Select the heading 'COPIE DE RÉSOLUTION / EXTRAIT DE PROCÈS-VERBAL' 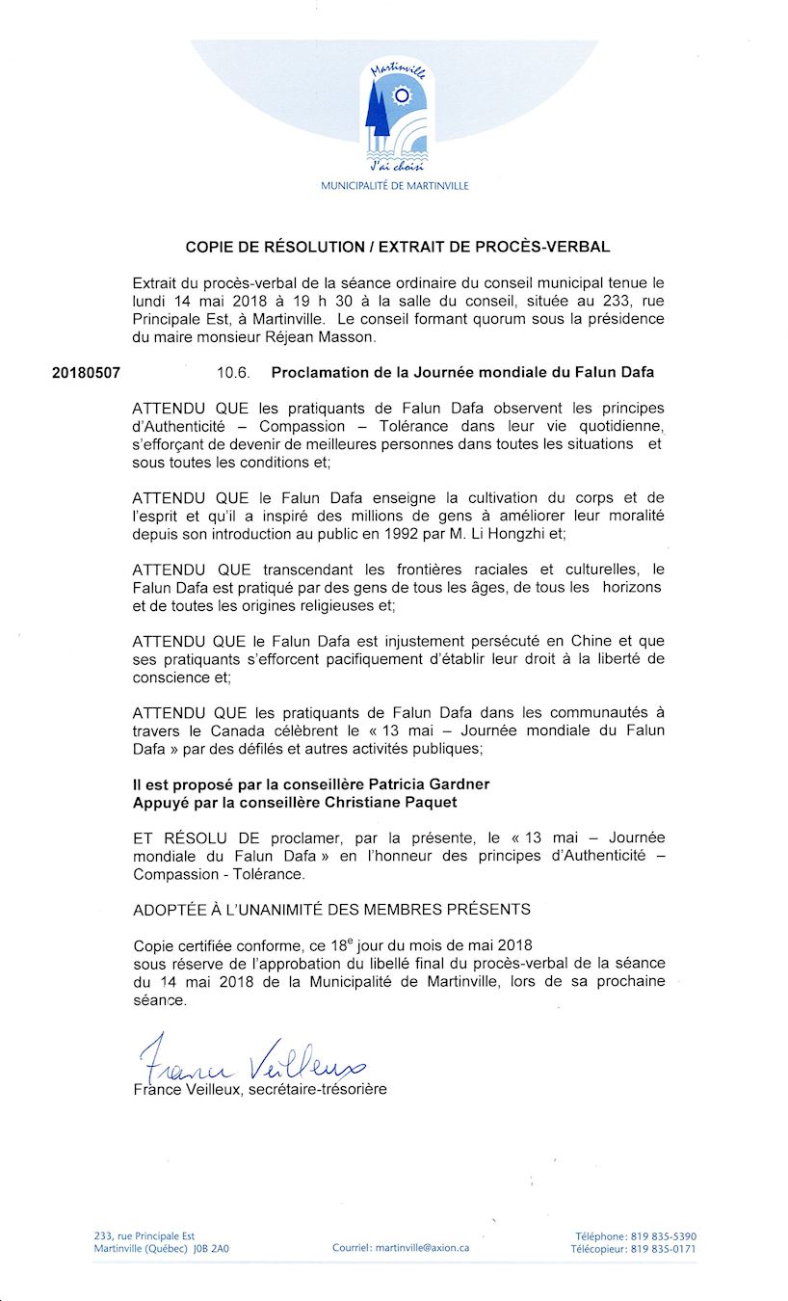[x=397, y=247]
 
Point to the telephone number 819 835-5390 [x=664, y=1236]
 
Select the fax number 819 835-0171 [x=664, y=1249]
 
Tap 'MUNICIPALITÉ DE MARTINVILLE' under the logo [x=395, y=186]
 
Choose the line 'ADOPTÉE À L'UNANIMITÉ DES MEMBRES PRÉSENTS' [x=331, y=909]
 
